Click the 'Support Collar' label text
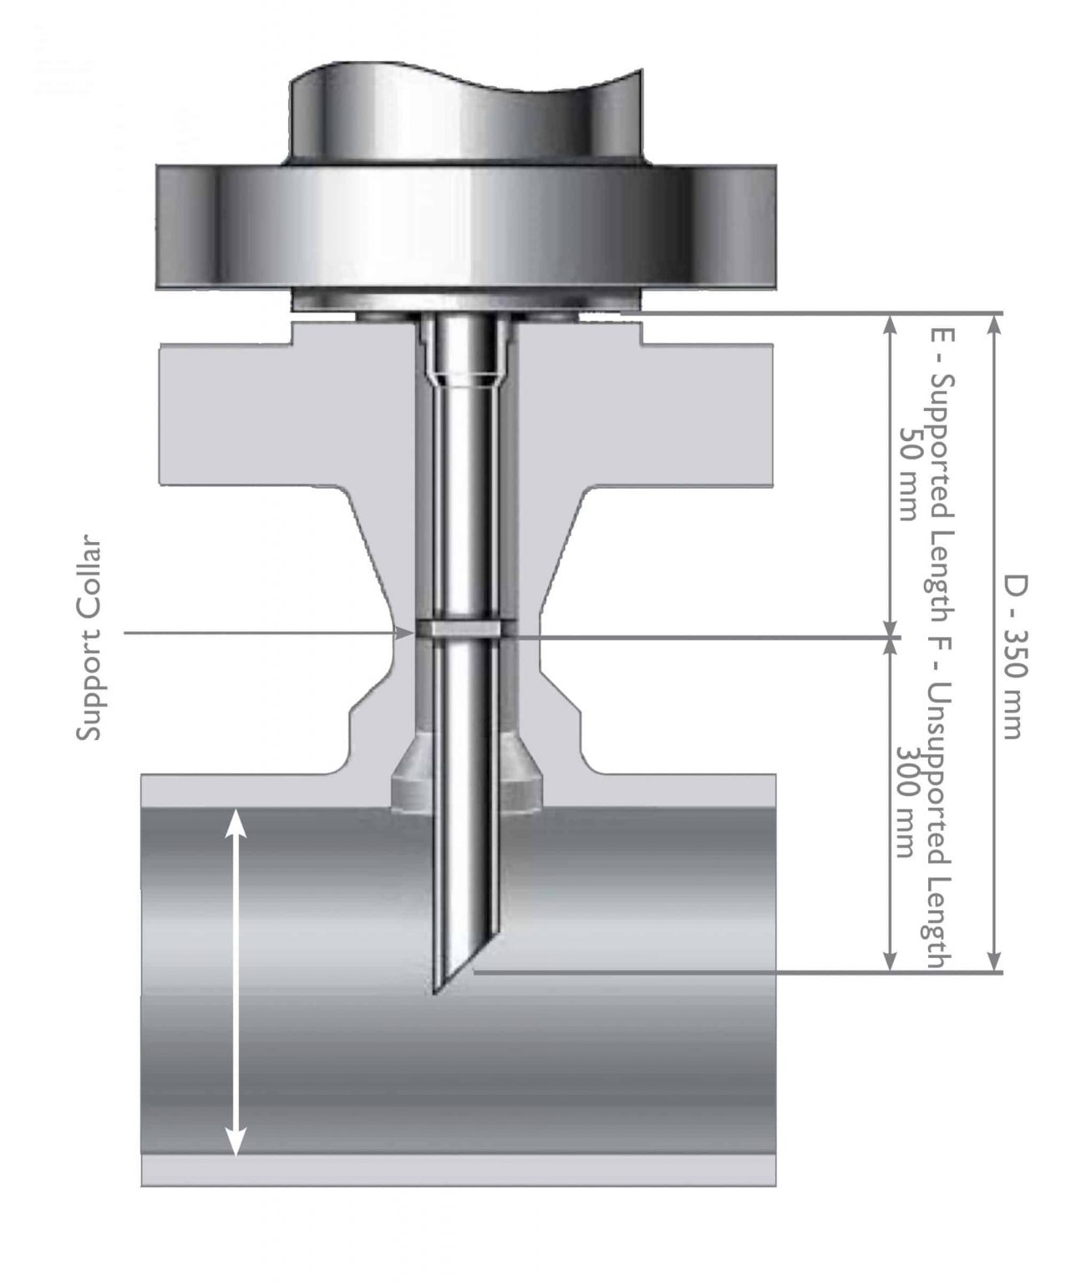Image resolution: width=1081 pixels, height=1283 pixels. click(x=89, y=639)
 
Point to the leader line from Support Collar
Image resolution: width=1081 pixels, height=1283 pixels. click(x=267, y=633)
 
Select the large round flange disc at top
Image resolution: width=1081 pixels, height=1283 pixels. click(x=469, y=224)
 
